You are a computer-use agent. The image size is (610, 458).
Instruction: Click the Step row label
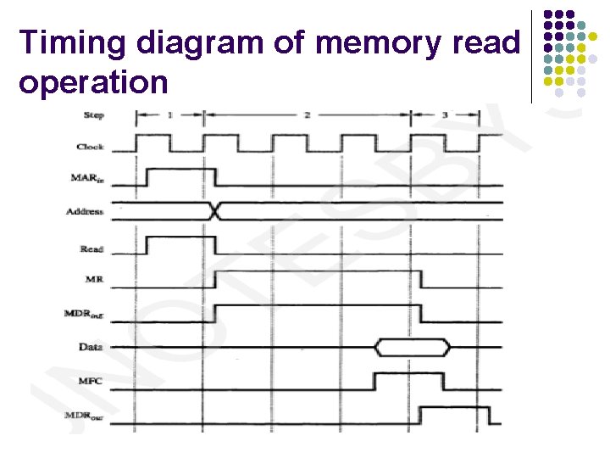point(94,114)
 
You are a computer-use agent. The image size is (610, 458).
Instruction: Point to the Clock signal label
point(90,147)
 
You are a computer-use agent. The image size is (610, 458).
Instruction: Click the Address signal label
point(85,211)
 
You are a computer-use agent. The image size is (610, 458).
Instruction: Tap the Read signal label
point(91,249)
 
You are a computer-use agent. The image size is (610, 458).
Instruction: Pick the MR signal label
point(94,278)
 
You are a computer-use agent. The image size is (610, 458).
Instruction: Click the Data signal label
point(91,347)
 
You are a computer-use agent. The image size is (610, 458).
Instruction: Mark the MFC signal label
point(91,381)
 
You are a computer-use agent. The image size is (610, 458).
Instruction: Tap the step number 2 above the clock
point(308,113)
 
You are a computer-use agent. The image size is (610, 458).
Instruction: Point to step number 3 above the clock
point(445,113)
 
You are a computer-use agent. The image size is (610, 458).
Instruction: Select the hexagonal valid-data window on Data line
point(413,347)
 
